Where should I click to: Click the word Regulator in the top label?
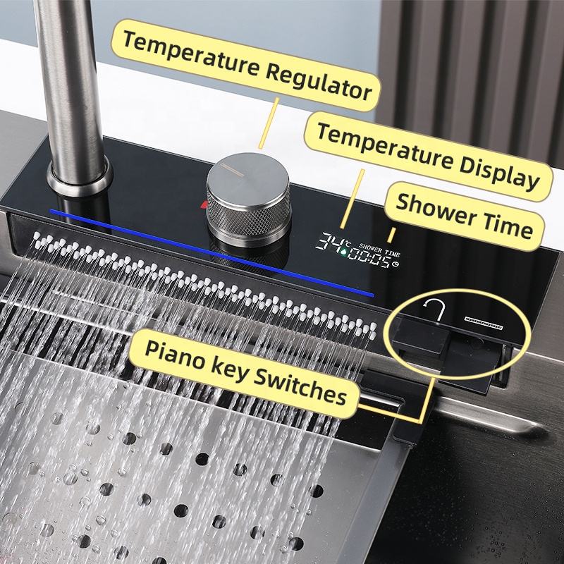tap(319, 80)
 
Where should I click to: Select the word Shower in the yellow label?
tap(436, 211)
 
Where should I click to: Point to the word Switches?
tap(300, 390)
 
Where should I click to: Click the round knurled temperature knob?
tap(249, 199)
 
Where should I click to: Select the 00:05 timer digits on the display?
tap(369, 257)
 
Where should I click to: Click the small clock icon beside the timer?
tap(396, 264)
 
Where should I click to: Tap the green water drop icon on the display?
tap(343, 252)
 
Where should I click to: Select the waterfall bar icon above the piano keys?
tap(483, 323)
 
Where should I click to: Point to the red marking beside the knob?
tap(204, 204)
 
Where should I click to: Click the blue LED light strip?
tap(212, 253)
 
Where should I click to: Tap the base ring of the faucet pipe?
tap(80, 180)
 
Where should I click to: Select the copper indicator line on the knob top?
tap(233, 169)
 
